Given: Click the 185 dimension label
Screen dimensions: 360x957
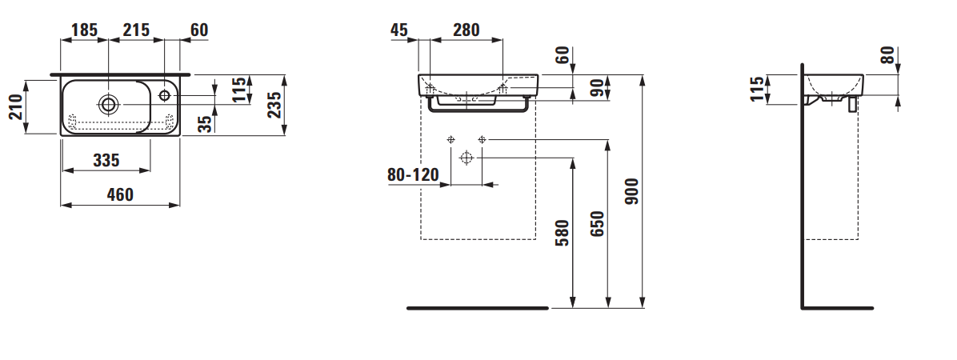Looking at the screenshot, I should tap(84, 30).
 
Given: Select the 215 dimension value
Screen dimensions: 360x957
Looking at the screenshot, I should tap(136, 30).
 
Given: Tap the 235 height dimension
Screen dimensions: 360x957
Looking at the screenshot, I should tap(274, 104).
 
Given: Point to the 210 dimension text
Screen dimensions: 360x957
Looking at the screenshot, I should tap(14, 106).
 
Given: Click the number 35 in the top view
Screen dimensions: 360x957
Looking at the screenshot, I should tap(206, 123).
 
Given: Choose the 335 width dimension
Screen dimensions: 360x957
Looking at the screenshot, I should tap(106, 161).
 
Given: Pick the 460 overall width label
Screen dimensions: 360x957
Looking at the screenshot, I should tap(120, 194).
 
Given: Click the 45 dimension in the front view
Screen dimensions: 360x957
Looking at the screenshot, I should tap(398, 30).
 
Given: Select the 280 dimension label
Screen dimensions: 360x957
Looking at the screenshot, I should tap(466, 30).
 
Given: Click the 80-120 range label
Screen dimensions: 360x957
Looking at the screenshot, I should tap(413, 174).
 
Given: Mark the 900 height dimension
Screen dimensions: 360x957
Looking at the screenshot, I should tap(631, 192).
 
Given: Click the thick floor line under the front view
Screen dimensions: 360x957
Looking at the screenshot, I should tap(478, 307).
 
